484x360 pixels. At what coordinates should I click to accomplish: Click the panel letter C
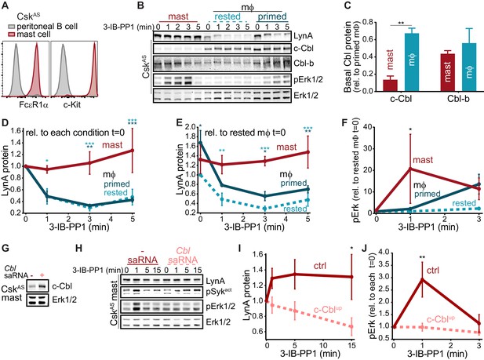(347, 5)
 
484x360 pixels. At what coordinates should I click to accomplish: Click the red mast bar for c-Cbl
(390, 85)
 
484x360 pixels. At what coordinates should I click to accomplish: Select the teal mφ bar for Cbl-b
(469, 67)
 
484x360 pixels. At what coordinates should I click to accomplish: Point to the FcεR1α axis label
(34, 105)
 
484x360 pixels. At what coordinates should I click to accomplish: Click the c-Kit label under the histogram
(72, 105)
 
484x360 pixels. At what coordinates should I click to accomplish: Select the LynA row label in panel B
(304, 36)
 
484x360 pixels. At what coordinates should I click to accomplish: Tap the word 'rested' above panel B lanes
(227, 16)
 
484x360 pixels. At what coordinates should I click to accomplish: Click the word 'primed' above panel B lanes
(272, 16)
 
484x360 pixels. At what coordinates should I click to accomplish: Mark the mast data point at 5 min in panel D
(133, 151)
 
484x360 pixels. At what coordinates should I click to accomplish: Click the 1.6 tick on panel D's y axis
(17, 131)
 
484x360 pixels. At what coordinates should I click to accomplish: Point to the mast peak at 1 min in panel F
(410, 169)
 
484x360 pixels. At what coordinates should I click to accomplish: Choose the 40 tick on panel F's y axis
(366, 127)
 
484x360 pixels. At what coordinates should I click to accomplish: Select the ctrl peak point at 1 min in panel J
(422, 279)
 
